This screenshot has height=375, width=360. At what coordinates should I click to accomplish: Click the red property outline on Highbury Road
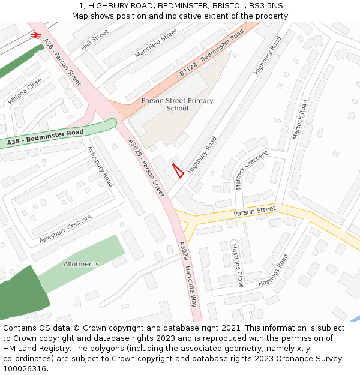[x=178, y=170]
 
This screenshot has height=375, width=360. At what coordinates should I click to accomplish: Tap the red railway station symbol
[x=35, y=35]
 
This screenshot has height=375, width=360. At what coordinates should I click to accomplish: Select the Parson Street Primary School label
[x=177, y=104]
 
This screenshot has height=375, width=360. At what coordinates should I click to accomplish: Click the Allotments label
[x=81, y=264]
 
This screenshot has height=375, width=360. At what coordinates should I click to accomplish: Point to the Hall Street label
[x=95, y=40]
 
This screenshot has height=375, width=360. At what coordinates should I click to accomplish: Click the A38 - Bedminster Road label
[x=45, y=138]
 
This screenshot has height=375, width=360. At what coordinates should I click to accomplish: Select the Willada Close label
[x=25, y=91]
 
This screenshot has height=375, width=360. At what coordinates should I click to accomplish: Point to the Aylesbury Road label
[x=100, y=166]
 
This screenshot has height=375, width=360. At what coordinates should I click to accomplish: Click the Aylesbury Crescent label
[x=65, y=230]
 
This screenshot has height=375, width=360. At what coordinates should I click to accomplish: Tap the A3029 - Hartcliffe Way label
[x=188, y=274]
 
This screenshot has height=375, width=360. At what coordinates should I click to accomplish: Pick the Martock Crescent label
[x=251, y=170]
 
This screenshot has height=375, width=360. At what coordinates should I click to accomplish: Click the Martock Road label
[x=299, y=119]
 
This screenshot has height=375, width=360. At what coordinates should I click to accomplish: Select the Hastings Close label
[x=237, y=264]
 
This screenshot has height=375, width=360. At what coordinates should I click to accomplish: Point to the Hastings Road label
[x=273, y=270]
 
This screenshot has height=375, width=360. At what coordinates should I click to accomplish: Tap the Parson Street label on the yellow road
[x=254, y=211]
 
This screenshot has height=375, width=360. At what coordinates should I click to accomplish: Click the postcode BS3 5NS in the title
[x=264, y=5]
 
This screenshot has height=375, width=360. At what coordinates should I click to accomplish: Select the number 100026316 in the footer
[x=24, y=369]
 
